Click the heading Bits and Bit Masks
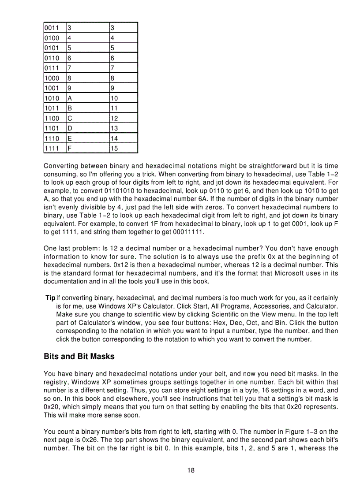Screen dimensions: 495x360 [x=79, y=356]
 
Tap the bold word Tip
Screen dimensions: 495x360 [x=50, y=298]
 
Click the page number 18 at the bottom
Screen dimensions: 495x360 [x=191, y=470]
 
